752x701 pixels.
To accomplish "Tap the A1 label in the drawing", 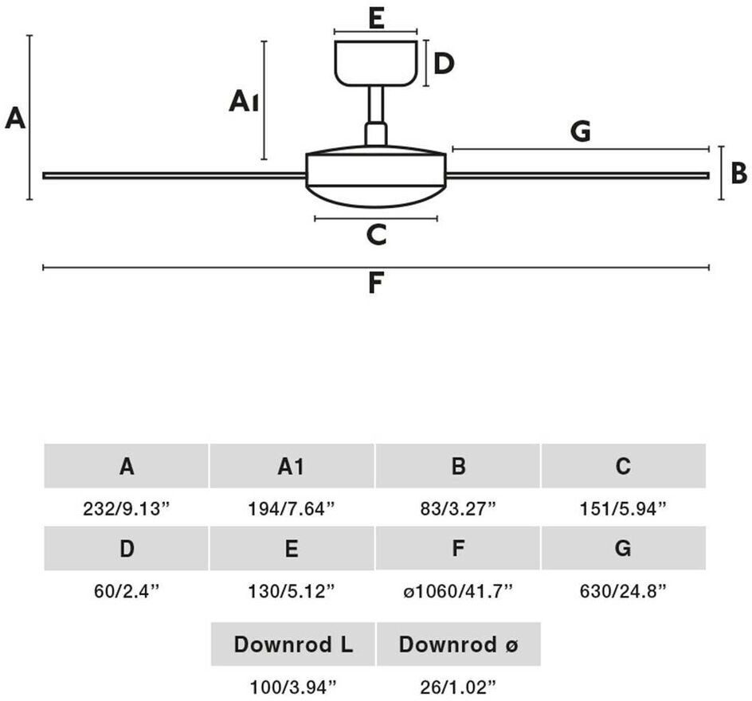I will pyautogui.click(x=244, y=102).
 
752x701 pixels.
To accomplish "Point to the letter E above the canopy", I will pyautogui.click(x=376, y=17).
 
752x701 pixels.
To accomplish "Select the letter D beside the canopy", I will pyautogui.click(x=444, y=63).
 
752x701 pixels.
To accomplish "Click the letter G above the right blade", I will pyautogui.click(x=581, y=131).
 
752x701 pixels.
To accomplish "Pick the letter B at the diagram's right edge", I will pyautogui.click(x=738, y=172).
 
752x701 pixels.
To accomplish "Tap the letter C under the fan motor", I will pyautogui.click(x=376, y=234).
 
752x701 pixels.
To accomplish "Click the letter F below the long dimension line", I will pyautogui.click(x=376, y=283).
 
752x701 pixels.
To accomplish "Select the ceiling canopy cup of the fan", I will pyautogui.click(x=376, y=62).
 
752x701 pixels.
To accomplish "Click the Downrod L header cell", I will pyautogui.click(x=293, y=644).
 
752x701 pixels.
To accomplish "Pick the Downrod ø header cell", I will pyautogui.click(x=458, y=644).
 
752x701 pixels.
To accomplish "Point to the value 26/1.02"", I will pyautogui.click(x=458, y=685).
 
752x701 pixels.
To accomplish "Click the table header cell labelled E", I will pyautogui.click(x=292, y=549).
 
